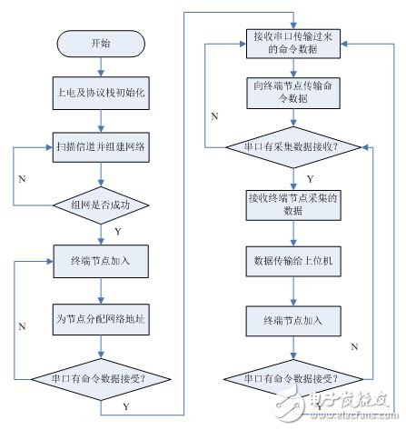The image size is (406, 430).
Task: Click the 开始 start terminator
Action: click(102, 42)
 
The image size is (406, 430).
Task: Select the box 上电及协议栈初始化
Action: click(102, 94)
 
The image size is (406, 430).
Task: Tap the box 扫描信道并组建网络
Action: click(102, 145)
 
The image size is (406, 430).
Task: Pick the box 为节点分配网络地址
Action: click(102, 318)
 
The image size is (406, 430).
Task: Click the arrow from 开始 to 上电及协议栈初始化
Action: click(102, 65)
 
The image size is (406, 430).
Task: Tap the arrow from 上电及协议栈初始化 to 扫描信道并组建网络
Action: click(102, 119)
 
